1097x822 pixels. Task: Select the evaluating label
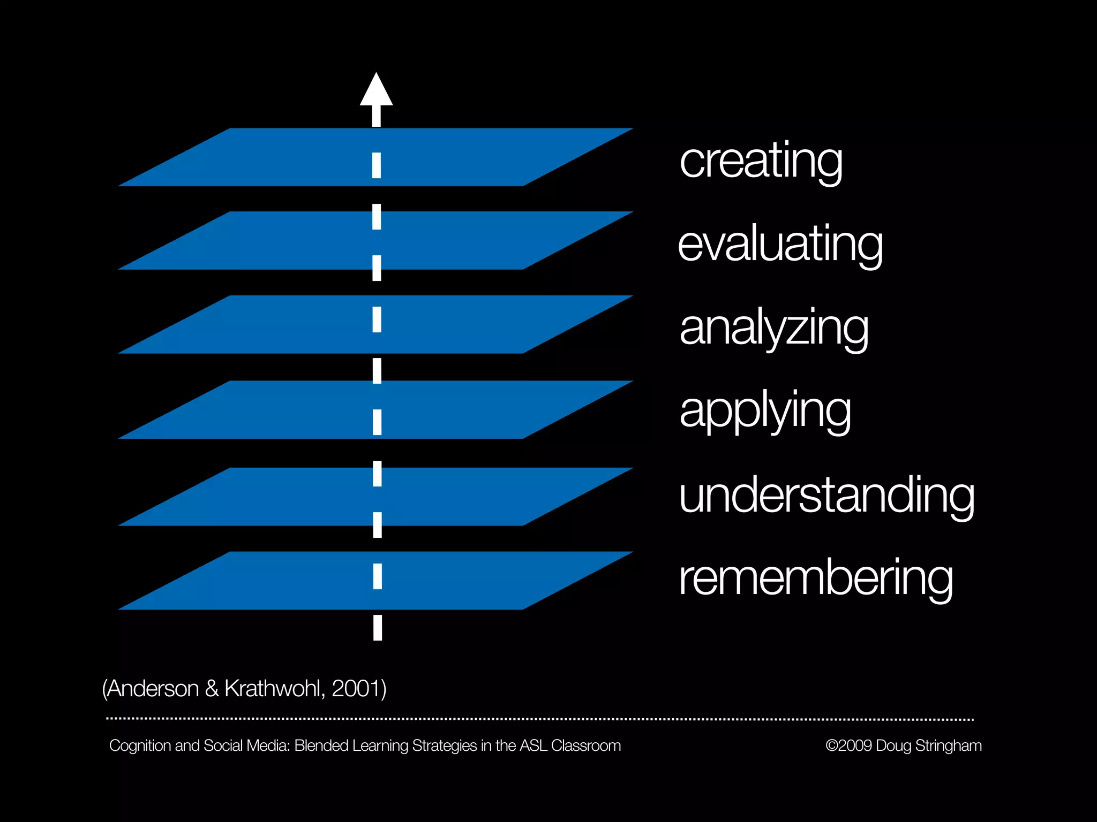click(x=780, y=245)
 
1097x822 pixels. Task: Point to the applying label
click(x=765, y=411)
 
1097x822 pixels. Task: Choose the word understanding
click(x=826, y=495)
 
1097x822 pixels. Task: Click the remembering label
click(x=815, y=579)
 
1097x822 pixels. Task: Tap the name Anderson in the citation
click(x=153, y=689)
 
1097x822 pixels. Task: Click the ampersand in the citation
click(x=212, y=689)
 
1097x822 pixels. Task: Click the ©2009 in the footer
click(x=849, y=746)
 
